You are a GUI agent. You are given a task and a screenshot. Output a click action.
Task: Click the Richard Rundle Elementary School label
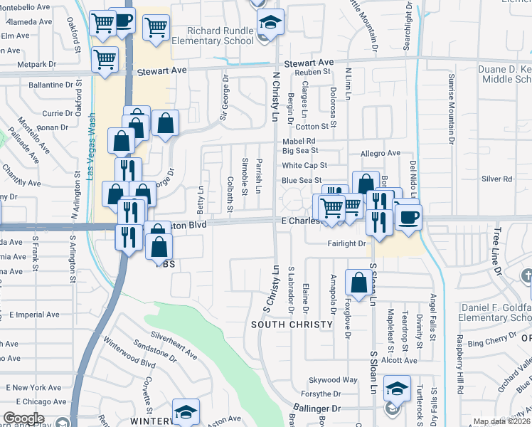click(x=220, y=36)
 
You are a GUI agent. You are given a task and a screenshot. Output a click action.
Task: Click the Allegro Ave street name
click(x=381, y=153)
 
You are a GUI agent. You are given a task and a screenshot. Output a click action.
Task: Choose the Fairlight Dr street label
click(x=346, y=243)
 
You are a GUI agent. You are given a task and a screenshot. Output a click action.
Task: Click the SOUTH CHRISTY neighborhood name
click(x=292, y=325)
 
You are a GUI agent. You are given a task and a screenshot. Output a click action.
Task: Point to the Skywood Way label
click(x=338, y=380)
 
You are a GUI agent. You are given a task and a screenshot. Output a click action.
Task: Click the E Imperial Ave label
click(x=34, y=315)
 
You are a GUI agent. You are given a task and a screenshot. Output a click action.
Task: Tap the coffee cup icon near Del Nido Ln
click(x=408, y=217)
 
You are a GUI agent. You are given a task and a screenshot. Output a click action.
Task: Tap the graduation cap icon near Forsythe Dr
click(x=396, y=389)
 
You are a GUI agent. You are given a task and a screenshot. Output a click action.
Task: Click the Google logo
click(x=23, y=418)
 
